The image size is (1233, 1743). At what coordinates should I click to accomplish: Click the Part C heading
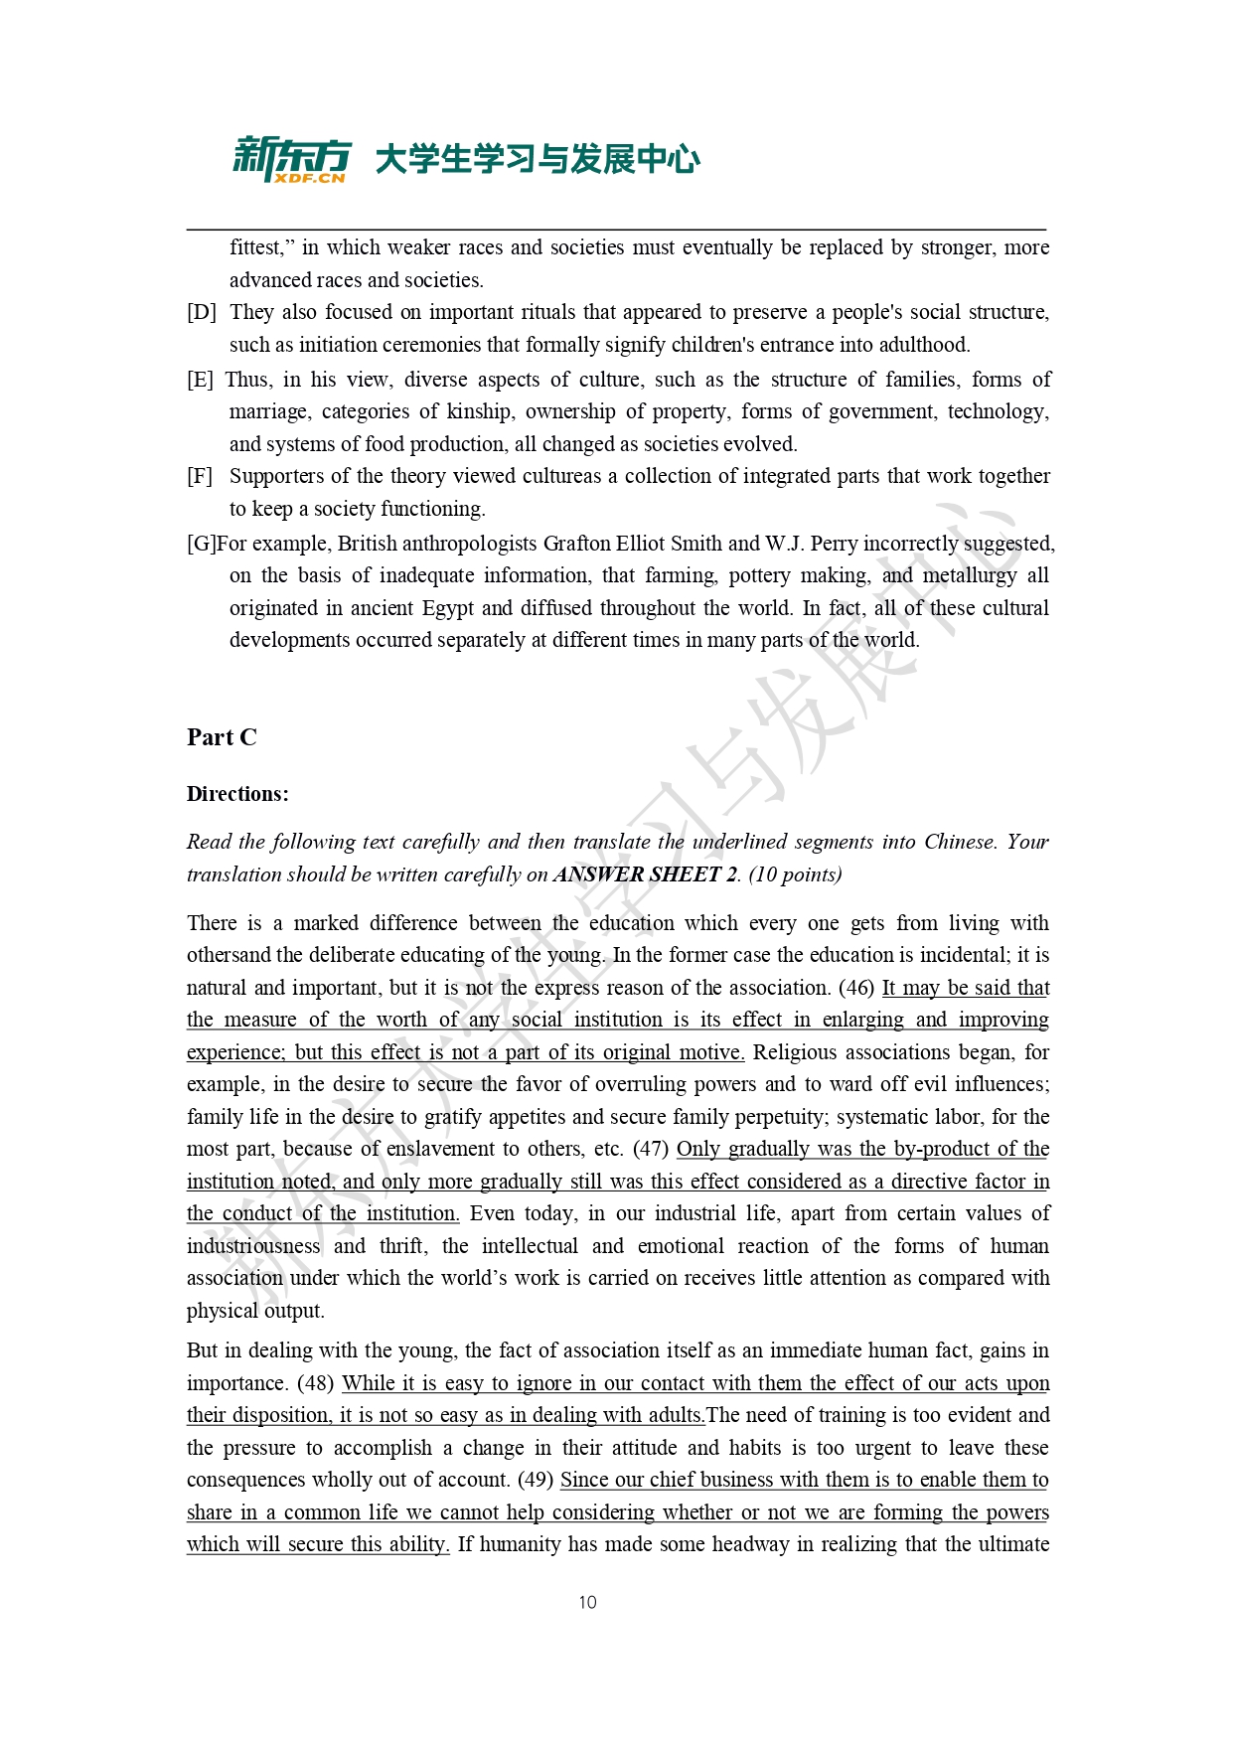(222, 737)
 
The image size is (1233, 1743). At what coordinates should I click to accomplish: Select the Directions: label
(237, 794)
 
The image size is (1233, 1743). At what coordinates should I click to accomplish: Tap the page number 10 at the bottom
(587, 1602)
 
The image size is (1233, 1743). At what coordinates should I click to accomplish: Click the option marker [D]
(202, 312)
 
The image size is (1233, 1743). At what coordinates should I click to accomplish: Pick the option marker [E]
(201, 380)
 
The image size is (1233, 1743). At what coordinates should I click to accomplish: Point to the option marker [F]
(201, 476)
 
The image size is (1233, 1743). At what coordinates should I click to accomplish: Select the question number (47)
(651, 1149)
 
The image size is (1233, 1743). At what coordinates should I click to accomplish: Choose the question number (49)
(536, 1480)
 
